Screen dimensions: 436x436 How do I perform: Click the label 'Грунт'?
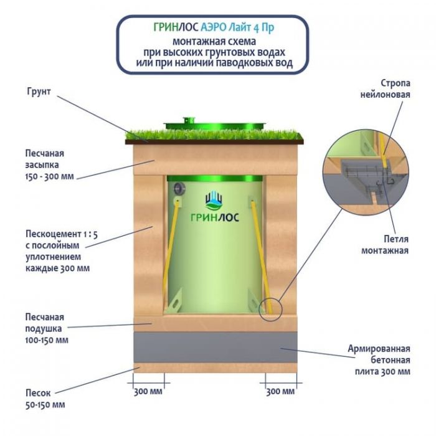[x=39, y=93]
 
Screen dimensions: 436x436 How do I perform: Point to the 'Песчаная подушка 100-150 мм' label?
[x=47, y=328]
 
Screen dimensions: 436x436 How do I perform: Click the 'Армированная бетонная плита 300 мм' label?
[x=379, y=359]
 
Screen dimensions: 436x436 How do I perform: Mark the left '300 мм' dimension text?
[x=148, y=392]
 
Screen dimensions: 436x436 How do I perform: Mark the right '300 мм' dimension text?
[x=280, y=392]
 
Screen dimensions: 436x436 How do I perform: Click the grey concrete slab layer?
[x=216, y=348]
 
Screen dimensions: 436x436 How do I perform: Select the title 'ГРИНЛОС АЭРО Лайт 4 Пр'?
[x=212, y=27]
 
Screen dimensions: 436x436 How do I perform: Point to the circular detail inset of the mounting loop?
[x=368, y=170]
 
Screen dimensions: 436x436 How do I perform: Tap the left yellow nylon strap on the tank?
[x=173, y=255]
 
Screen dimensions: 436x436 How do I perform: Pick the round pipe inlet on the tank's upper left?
[x=179, y=187]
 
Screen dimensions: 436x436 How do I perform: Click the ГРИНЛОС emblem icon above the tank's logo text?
[x=214, y=199]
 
